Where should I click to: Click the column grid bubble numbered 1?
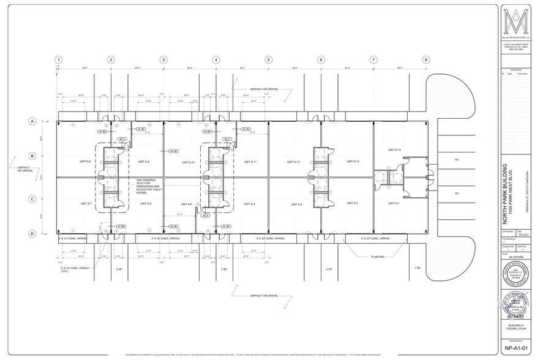58,60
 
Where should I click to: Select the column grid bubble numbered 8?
426,60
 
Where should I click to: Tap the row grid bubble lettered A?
31,121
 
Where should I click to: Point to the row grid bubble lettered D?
31,233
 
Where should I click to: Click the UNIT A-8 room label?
85,162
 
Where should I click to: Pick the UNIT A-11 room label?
250,162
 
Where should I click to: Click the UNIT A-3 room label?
296,204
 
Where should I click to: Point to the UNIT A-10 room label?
187,162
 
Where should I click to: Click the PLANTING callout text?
377,257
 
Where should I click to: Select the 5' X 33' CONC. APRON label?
375,238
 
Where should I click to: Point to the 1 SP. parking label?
418,269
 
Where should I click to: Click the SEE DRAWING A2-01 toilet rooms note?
149,186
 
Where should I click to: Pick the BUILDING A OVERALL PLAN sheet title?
517,328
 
